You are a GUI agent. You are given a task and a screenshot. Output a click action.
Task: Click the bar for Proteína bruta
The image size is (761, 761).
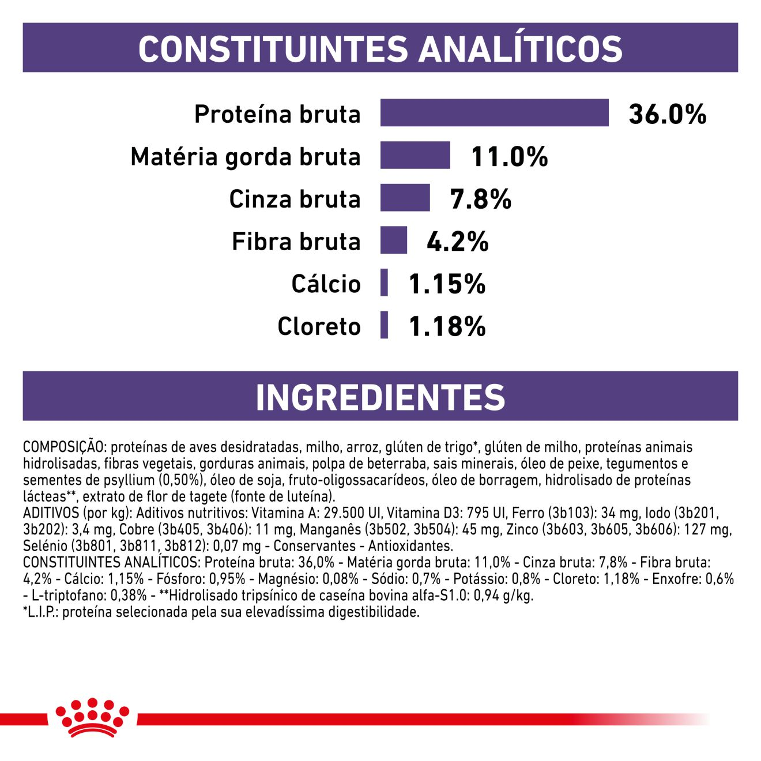point(494,112)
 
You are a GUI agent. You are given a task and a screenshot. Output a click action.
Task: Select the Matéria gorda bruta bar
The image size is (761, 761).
point(415,155)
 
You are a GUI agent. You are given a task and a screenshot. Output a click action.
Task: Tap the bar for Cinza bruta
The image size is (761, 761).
point(405,198)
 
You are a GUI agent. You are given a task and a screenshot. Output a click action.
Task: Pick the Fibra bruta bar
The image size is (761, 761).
point(393,240)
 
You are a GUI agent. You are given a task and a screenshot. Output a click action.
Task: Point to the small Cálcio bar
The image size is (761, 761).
point(384,282)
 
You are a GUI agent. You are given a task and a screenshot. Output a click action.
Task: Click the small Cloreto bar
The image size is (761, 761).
point(384,325)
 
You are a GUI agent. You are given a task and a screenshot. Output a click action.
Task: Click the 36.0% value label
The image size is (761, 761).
point(667,114)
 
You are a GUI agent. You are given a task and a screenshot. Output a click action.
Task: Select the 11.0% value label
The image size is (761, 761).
point(509,157)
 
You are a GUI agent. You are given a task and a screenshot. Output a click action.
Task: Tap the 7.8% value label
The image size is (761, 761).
point(480,199)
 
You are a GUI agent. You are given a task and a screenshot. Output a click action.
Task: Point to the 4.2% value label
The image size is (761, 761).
point(457,242)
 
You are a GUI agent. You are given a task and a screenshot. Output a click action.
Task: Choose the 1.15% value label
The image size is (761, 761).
point(447,284)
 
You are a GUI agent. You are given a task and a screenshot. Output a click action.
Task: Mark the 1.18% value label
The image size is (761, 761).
point(447,327)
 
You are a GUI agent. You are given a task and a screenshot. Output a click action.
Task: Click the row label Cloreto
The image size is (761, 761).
point(319,326)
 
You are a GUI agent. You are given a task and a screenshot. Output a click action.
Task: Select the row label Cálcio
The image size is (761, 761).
point(326,284)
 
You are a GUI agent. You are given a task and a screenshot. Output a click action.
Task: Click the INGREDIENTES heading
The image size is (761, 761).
point(380,397)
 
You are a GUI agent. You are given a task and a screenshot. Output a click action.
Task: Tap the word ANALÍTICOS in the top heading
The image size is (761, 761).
point(520,48)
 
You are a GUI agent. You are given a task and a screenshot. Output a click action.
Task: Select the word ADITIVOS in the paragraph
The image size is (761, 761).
point(50,513)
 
